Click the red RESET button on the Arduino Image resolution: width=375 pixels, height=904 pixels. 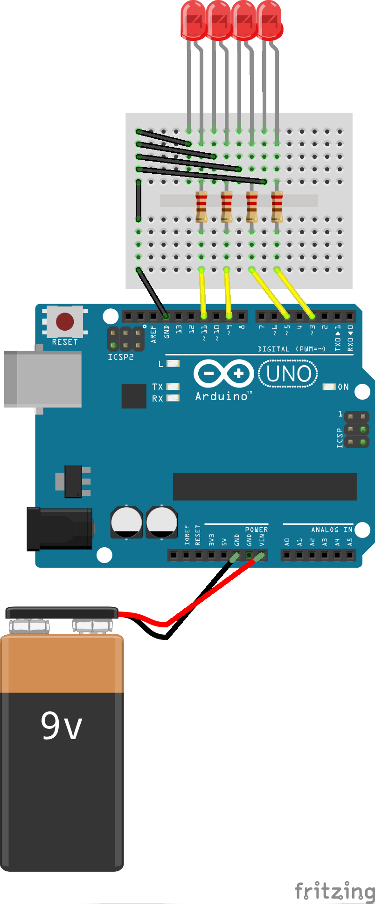65,321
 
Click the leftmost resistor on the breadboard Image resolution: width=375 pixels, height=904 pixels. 201,206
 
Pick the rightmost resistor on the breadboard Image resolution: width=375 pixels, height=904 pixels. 277,206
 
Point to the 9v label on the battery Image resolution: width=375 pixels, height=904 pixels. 61,726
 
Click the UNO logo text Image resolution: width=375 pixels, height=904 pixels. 288,374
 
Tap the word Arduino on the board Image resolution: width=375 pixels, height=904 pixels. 222,396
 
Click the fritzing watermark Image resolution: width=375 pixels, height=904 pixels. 335,890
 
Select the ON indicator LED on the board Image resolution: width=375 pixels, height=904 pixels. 329,387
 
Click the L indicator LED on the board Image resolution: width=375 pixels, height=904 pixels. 173,363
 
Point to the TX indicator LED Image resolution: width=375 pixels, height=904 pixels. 173,387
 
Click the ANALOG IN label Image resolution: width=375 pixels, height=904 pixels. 331,530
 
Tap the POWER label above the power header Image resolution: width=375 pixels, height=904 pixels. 256,530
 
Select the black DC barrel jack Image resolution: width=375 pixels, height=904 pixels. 60,529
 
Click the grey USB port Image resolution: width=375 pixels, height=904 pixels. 43,379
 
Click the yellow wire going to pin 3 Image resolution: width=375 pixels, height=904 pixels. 295,292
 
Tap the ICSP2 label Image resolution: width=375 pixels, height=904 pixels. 120,357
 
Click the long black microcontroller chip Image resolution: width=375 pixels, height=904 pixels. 264,486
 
